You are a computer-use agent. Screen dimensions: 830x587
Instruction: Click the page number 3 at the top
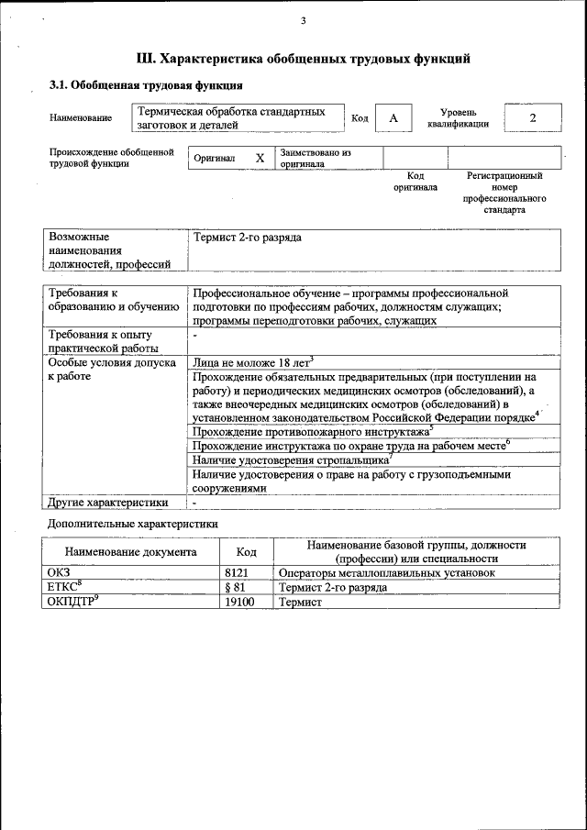[303, 21]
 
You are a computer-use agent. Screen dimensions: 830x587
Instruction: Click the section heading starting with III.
[303, 59]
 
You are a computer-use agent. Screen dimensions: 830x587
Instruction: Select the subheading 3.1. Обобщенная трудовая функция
[145, 86]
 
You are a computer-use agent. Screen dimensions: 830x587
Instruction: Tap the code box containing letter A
[393, 118]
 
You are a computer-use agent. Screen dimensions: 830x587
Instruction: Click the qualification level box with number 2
[532, 118]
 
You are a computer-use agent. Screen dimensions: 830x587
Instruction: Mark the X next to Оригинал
[260, 158]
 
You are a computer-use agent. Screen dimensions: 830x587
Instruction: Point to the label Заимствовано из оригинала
[316, 158]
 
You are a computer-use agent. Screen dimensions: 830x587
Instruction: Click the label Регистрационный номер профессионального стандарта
[504, 193]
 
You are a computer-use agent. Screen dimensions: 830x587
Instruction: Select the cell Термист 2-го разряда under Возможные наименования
[247, 238]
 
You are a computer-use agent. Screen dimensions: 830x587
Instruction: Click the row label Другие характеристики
[108, 502]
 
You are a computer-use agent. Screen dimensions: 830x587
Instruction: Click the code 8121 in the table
[237, 572]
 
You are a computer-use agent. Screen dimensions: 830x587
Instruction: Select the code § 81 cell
[234, 587]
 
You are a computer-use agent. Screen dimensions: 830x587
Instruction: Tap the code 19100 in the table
[238, 602]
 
